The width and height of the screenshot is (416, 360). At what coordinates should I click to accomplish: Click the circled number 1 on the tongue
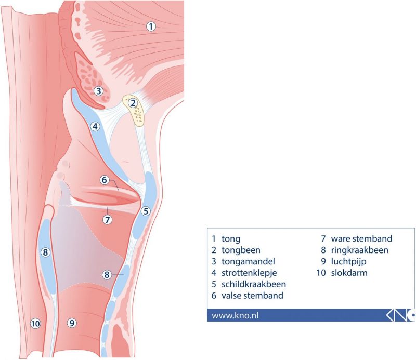(x=151, y=26)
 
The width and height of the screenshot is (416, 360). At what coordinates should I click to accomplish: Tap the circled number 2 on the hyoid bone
(x=133, y=103)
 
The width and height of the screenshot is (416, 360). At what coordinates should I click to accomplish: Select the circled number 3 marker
(x=98, y=91)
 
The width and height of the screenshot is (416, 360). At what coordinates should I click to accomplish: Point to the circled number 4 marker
(x=95, y=126)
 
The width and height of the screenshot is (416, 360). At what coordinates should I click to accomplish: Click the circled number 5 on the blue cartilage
(x=146, y=211)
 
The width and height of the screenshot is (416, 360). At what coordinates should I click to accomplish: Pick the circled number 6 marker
(x=105, y=180)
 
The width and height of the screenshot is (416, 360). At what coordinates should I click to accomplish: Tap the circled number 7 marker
(x=107, y=220)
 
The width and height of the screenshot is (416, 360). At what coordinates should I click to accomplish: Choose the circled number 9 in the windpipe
(x=72, y=323)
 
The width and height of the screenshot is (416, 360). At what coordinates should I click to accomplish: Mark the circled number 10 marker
(x=35, y=324)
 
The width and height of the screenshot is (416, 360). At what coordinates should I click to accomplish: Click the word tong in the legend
(x=231, y=239)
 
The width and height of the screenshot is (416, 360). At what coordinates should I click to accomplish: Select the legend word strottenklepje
(x=249, y=273)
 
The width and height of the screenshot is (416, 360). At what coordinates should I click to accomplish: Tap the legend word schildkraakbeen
(x=254, y=284)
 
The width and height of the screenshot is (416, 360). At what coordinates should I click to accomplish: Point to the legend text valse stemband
(x=252, y=295)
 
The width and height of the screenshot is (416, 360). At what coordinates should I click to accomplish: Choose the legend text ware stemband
(x=361, y=238)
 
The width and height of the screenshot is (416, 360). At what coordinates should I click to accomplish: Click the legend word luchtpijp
(x=348, y=262)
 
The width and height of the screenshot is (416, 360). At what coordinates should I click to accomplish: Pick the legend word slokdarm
(x=349, y=273)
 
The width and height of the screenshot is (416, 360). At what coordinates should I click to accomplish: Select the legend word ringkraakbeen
(x=359, y=250)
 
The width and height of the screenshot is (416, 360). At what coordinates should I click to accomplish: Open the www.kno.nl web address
(x=235, y=315)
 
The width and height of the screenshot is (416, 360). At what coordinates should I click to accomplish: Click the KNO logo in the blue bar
(x=400, y=315)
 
